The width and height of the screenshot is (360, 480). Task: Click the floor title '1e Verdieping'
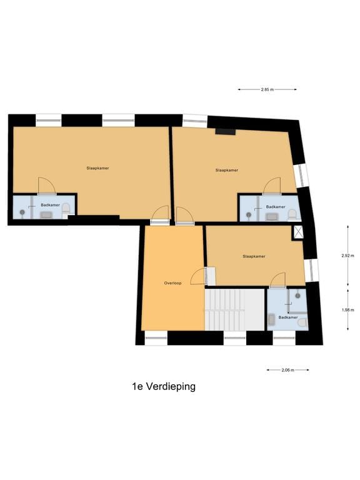pyautogui.click(x=163, y=386)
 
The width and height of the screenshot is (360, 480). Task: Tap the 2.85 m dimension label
pyautogui.click(x=267, y=89)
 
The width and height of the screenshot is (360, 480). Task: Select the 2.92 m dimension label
pyautogui.click(x=347, y=256)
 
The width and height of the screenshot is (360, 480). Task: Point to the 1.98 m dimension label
pyautogui.click(x=347, y=309)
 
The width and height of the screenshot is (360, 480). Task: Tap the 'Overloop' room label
pyautogui.click(x=173, y=283)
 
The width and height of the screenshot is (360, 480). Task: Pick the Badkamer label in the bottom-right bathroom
pyautogui.click(x=287, y=317)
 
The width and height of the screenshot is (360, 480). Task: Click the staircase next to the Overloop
pyautogui.click(x=234, y=309)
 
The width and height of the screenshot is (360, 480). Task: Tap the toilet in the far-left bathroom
pyautogui.click(x=66, y=212)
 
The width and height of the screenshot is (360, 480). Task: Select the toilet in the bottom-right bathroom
pyautogui.click(x=302, y=322)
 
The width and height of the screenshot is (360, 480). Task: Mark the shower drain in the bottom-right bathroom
pyautogui.click(x=298, y=295)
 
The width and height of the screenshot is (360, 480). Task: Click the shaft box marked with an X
pyautogui.click(x=299, y=232)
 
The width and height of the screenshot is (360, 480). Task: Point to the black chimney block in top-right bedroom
pyautogui.click(x=224, y=131)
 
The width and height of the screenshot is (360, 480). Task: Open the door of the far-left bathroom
pyautogui.click(x=47, y=186)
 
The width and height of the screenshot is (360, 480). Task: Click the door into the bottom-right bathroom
pyautogui.click(x=277, y=281)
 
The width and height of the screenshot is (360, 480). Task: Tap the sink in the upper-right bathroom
pyautogui.click(x=271, y=216)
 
